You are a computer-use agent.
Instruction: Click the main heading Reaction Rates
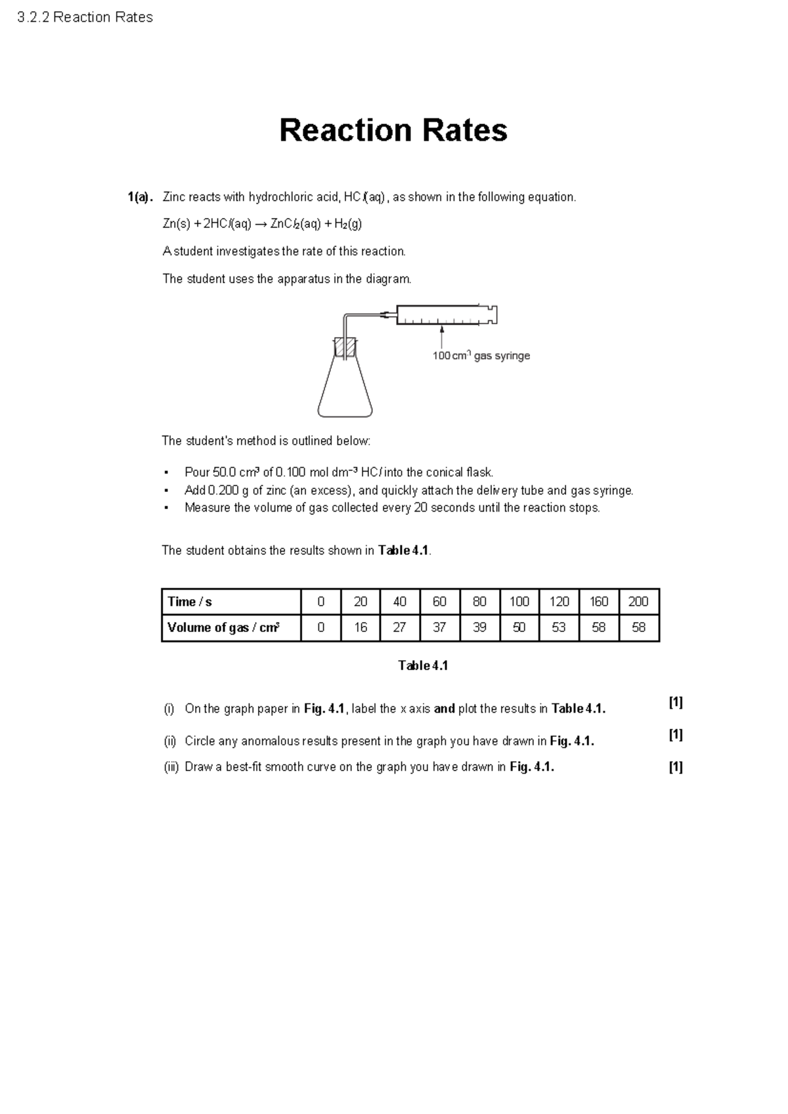[x=393, y=130]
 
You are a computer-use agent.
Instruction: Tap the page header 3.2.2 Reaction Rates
[x=85, y=18]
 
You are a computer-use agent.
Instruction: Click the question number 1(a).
[x=140, y=197]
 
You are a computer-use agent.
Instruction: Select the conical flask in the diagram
[x=345, y=391]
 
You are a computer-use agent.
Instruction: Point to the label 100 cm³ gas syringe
[x=481, y=356]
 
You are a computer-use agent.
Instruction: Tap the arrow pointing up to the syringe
[x=443, y=336]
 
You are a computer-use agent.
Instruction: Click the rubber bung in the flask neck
[x=345, y=347]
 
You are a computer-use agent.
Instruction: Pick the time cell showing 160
[x=599, y=602]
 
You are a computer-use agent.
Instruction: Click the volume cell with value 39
[x=479, y=627]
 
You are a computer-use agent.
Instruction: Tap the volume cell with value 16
[x=361, y=627]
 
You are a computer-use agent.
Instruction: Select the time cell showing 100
[x=519, y=602]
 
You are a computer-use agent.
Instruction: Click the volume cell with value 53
[x=559, y=627]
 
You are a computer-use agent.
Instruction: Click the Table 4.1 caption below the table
[x=423, y=665]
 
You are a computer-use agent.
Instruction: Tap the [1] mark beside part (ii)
[x=676, y=734]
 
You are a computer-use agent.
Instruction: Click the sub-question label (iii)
[x=171, y=767]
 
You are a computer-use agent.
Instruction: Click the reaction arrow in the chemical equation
[x=261, y=224]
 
